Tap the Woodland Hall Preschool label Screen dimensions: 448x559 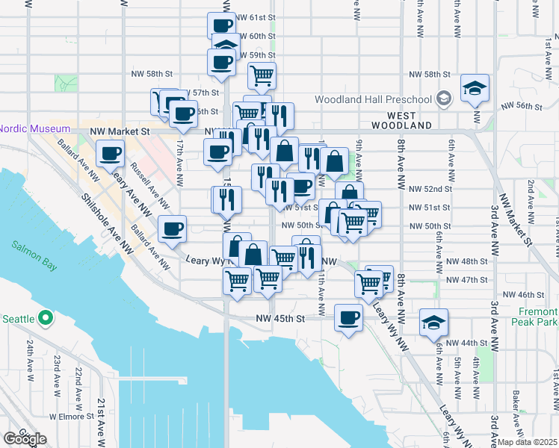click(373, 99)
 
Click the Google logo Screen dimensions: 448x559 click(25, 438)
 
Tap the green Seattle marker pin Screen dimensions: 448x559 click(45, 319)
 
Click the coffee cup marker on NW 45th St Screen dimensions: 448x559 click(348, 318)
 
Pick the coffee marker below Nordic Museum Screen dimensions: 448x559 click(111, 155)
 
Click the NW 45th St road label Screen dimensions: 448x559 click(281, 319)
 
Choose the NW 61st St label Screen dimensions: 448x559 click(256, 17)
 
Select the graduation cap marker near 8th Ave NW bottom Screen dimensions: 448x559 click(433, 323)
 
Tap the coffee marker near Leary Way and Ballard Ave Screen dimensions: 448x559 click(173, 228)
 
